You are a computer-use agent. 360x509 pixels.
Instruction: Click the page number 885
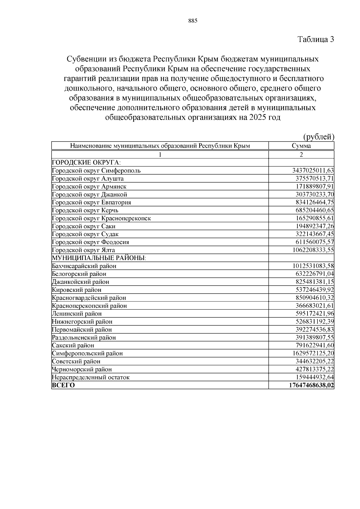[193, 21]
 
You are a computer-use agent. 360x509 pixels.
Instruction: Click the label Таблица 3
[316, 39]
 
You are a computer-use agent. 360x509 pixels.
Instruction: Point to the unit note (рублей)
[319, 137]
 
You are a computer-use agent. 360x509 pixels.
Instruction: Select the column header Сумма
[301, 146]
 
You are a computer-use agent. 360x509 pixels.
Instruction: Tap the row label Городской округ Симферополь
[96, 171]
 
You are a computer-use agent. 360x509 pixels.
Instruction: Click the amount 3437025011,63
[313, 171]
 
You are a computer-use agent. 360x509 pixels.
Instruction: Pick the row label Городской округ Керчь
[85, 210]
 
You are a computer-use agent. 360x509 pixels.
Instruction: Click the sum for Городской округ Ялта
[313, 250]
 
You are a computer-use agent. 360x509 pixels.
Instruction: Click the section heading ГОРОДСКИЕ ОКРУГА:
[86, 163]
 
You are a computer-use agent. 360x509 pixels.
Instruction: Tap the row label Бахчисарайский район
[84, 266]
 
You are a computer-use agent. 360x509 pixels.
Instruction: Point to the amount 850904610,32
[315, 298]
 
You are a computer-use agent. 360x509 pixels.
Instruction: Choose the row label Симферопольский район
[87, 353]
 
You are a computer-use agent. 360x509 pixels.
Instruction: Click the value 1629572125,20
[313, 353]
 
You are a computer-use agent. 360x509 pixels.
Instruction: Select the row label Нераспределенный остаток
[91, 377]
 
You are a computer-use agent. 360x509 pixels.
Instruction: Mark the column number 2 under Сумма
[301, 154]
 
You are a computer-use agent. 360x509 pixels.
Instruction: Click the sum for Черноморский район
[315, 369]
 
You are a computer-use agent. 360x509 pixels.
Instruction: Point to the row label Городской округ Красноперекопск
[101, 218]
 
